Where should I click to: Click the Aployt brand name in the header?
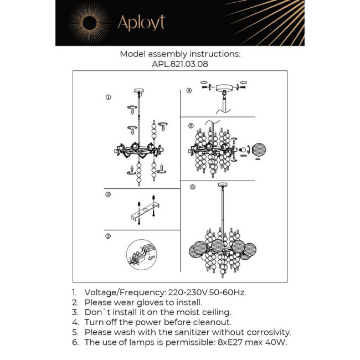(x=141, y=23)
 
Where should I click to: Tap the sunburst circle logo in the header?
(x=89, y=23)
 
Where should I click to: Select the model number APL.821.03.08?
(x=179, y=64)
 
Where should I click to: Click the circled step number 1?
(x=109, y=97)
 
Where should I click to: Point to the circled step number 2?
(x=109, y=194)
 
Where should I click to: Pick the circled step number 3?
(x=109, y=236)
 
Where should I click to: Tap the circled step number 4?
(x=189, y=90)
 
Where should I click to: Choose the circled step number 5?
(x=191, y=126)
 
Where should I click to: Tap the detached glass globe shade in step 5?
(x=260, y=150)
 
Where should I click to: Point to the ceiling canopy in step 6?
(x=223, y=186)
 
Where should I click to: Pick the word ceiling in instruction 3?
(x=216, y=312)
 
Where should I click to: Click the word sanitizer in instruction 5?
(x=179, y=332)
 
